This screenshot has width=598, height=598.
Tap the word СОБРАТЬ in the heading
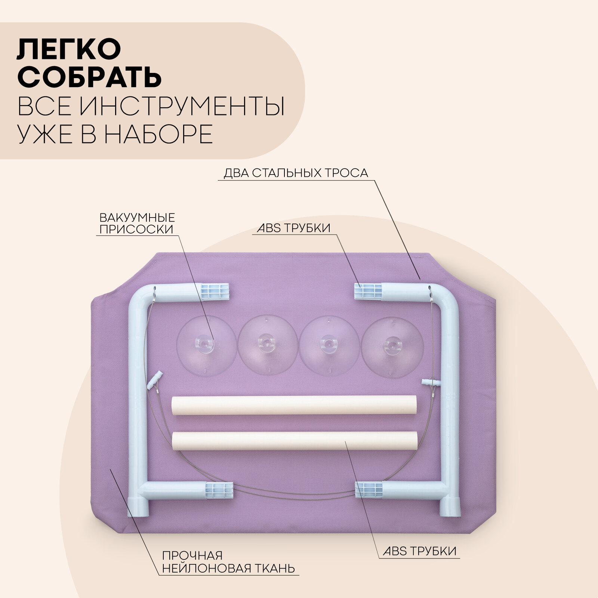point(89,77)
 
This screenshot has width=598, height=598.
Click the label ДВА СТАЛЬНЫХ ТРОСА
point(296,173)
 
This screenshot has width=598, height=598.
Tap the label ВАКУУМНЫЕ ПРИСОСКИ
point(137,223)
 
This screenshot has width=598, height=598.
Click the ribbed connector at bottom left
point(219,490)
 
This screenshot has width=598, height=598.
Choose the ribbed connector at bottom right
point(369,490)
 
